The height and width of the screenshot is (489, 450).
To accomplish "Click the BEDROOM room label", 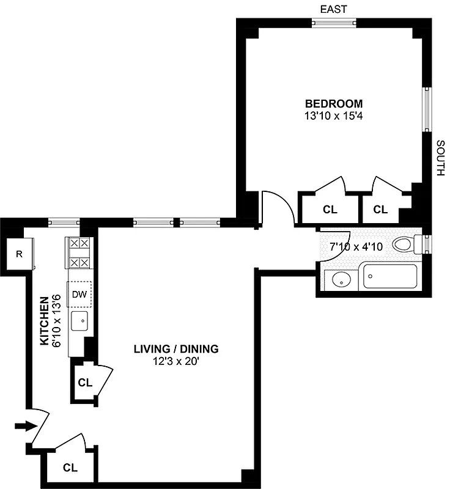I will click(x=334, y=103).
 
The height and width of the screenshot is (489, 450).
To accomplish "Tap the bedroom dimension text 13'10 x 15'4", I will click(x=334, y=114).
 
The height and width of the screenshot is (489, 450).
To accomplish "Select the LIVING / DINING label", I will click(x=176, y=349).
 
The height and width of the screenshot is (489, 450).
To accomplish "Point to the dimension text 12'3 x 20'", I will click(x=176, y=361).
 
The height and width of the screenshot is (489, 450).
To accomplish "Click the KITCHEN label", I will click(x=44, y=321).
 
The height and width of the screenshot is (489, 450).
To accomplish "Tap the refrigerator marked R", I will click(x=19, y=254).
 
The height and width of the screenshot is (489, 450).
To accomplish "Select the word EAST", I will click(x=333, y=9).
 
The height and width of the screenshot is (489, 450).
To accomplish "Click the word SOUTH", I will click(x=440, y=158).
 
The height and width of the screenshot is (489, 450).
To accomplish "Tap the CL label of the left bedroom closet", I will click(x=330, y=210).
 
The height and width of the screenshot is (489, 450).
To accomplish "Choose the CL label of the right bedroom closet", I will click(x=380, y=210).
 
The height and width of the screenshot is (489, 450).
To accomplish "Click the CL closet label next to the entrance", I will click(x=70, y=468).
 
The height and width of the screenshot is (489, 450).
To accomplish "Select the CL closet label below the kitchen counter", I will click(x=84, y=383).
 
